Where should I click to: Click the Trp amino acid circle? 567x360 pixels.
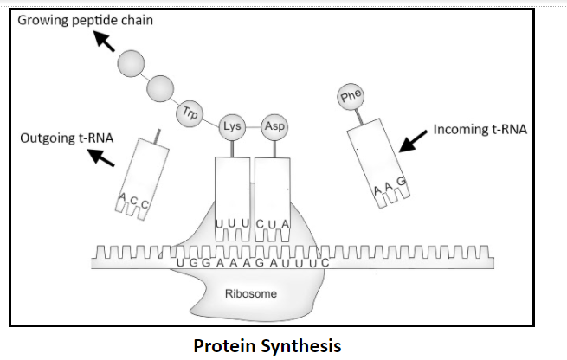pos(190,112)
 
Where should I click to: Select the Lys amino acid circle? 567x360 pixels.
pos(231,126)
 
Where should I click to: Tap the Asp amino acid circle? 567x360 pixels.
pos(274,126)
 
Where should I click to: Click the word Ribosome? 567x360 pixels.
pos(250,294)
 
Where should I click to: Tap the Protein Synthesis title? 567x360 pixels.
pos(267,346)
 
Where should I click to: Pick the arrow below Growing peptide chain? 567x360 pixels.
pos(105,42)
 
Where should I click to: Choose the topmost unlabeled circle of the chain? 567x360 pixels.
pos(132,62)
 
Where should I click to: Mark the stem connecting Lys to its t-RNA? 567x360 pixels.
pos(231,148)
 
